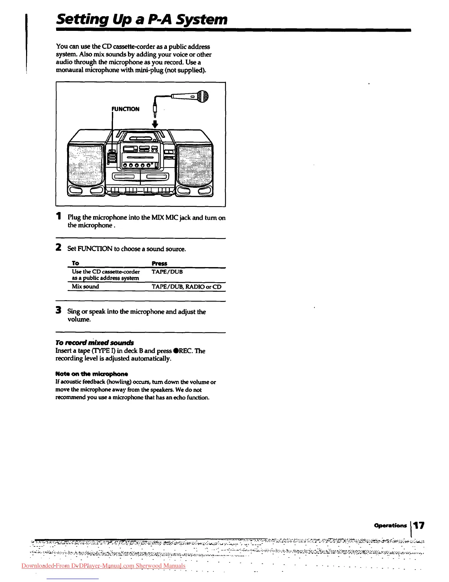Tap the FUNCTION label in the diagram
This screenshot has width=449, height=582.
(125, 109)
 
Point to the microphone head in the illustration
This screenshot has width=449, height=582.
(203, 96)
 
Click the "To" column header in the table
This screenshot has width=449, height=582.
(76, 263)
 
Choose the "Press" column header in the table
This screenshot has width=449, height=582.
(159, 263)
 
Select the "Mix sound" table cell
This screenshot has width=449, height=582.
(85, 287)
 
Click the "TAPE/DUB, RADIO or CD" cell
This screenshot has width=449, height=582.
(186, 287)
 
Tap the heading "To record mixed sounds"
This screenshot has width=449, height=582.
(95, 342)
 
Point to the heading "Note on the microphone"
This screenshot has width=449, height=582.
(92, 374)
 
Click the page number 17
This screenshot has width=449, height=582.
(420, 525)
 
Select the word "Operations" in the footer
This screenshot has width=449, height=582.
(390, 525)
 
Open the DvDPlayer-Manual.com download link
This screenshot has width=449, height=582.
(103, 566)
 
